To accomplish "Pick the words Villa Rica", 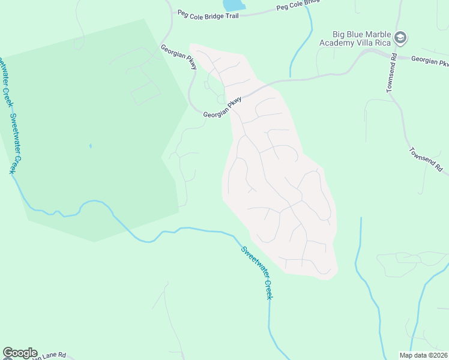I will (376, 43).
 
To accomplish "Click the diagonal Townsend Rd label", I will (425, 158).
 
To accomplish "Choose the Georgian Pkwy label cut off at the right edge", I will (430, 61).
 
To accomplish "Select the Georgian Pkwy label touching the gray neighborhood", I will (222, 107).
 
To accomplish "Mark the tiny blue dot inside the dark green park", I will (91, 145).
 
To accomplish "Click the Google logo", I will (20, 353).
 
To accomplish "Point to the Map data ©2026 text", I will (423, 355).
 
